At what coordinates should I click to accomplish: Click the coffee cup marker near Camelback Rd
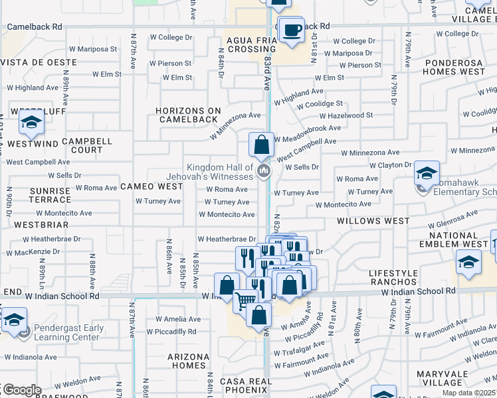pyautogui.click(x=291, y=31)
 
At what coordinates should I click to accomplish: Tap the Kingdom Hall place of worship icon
pyautogui.click(x=263, y=172)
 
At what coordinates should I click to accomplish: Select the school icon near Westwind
pyautogui.click(x=31, y=122)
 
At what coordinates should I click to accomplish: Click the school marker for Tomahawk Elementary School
pyautogui.click(x=426, y=174)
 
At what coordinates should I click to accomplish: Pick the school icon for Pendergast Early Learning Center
pyautogui.click(x=13, y=320)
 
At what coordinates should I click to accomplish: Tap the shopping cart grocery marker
pyautogui.click(x=245, y=301)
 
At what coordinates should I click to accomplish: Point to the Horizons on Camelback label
pyautogui.click(x=187, y=115)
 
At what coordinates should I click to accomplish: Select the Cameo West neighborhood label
pyautogui.click(x=151, y=187)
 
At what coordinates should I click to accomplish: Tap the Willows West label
pyautogui.click(x=373, y=220)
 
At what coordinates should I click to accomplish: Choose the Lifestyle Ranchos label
pyautogui.click(x=395, y=278)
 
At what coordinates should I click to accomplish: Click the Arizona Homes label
pyautogui.click(x=188, y=361)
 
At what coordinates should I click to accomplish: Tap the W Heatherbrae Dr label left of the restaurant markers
pyautogui.click(x=227, y=239)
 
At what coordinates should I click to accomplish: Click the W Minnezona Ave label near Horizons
pyautogui.click(x=236, y=125)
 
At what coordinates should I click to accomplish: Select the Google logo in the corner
pyautogui.click(x=21, y=391)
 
